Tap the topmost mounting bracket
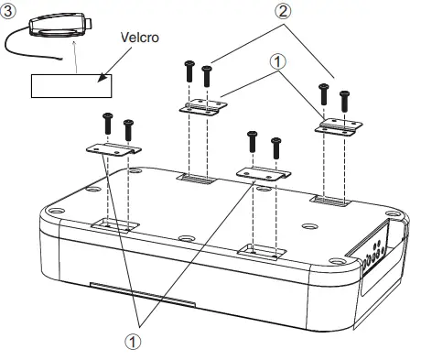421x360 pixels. point(202,108)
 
